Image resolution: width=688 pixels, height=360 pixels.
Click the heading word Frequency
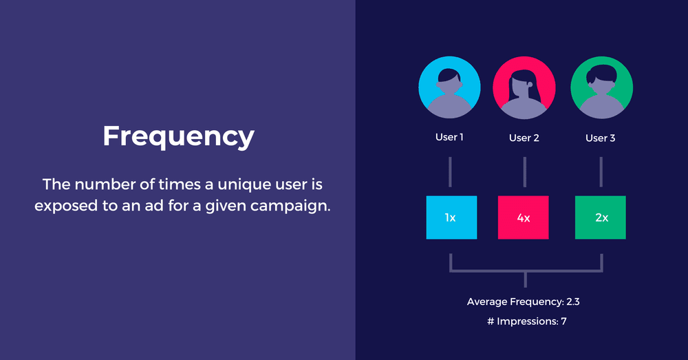[x=178, y=136]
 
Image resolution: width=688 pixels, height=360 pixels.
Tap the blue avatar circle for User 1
[x=450, y=87]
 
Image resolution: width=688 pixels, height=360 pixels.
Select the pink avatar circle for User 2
[x=524, y=87]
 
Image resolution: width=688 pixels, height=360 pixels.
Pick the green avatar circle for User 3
[x=601, y=87]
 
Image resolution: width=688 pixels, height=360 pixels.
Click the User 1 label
[x=449, y=138]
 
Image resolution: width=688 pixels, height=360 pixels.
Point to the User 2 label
[x=524, y=138]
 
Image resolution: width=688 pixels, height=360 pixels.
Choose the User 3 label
[x=601, y=138]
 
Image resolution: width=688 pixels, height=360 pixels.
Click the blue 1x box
[x=451, y=218]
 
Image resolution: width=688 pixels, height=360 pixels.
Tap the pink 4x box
[x=523, y=218]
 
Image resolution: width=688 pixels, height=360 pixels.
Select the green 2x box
[x=601, y=218]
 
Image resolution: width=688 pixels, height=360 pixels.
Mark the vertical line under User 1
[x=450, y=171]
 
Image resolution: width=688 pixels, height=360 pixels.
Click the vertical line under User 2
[x=525, y=171]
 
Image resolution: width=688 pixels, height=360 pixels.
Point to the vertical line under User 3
[x=601, y=171]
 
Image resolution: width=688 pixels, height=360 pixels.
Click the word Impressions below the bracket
[x=527, y=321]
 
